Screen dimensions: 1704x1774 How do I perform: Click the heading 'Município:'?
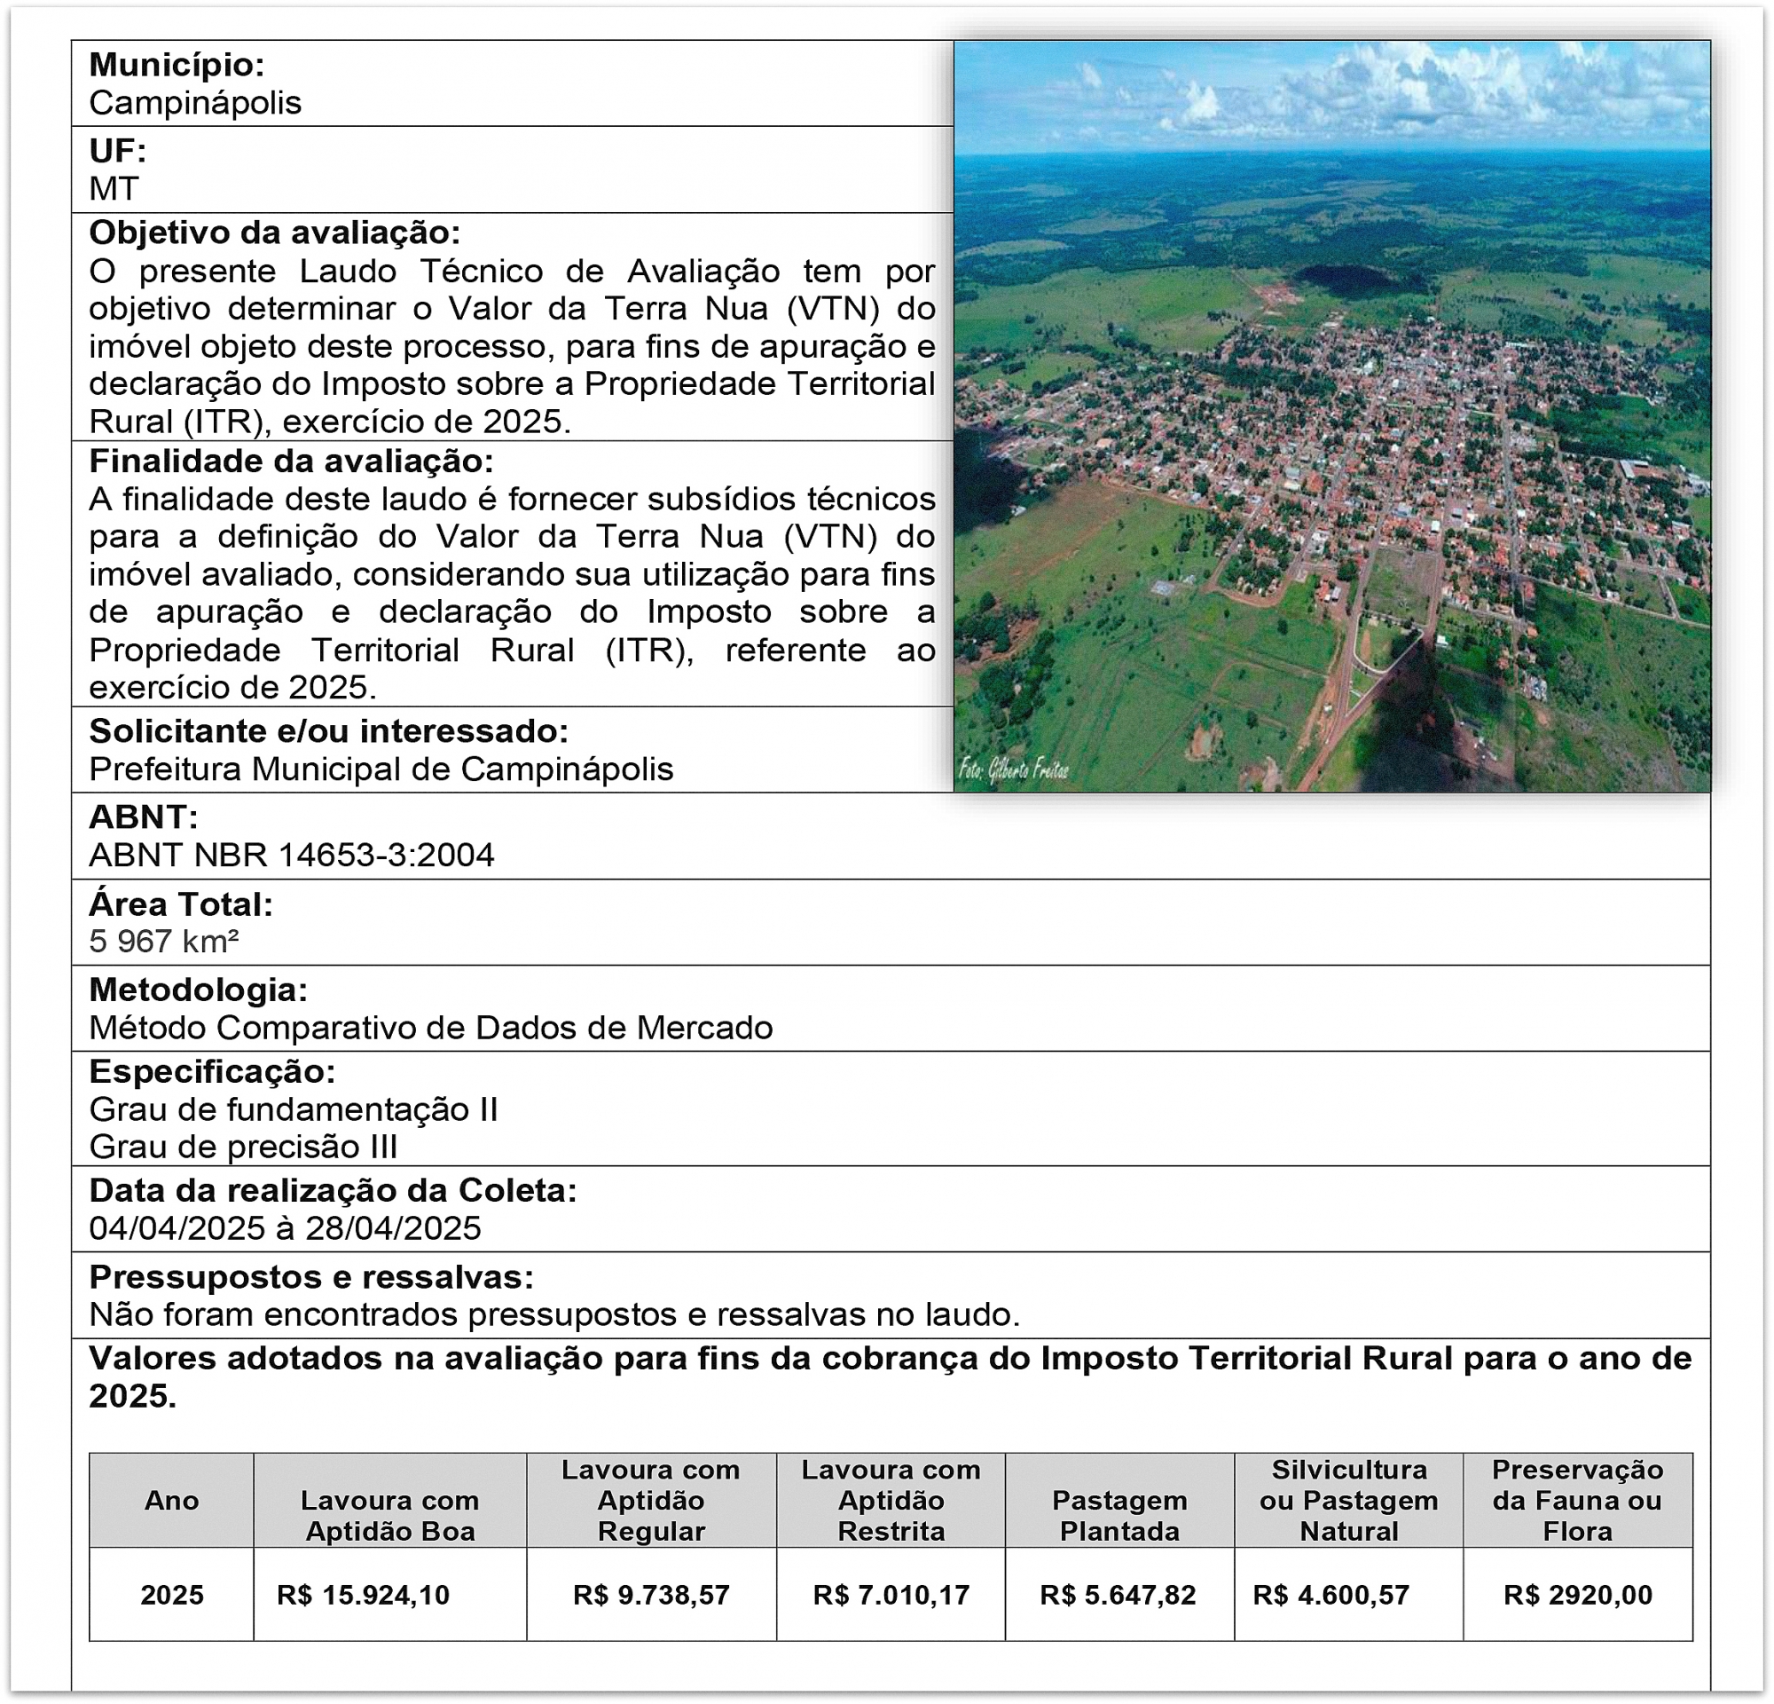point(177,65)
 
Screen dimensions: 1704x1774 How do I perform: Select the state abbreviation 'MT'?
point(114,188)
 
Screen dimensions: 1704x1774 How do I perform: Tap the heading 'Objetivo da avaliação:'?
point(274,233)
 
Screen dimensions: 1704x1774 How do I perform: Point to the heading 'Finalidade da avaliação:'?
point(291,461)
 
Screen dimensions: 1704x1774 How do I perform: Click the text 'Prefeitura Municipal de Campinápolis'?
point(381,769)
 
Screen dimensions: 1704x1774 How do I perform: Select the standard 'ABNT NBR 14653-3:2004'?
point(292,855)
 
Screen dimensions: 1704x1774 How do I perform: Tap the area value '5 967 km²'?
point(164,942)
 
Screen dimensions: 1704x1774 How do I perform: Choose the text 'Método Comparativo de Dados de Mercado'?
point(431,1028)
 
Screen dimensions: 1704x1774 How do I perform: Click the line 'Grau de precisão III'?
point(243,1148)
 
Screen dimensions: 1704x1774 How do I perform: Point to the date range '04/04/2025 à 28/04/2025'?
point(285,1227)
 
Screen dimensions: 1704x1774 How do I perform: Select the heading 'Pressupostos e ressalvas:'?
point(311,1276)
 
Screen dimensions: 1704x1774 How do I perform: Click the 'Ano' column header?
point(171,1500)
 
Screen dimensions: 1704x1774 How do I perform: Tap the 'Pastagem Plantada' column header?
point(1119,1516)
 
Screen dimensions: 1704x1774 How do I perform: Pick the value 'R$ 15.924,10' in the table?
point(363,1595)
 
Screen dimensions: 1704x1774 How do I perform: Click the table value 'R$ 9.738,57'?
point(651,1595)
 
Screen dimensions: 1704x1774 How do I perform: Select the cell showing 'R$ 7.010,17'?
point(891,1595)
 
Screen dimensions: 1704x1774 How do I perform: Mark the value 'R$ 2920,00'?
point(1578,1595)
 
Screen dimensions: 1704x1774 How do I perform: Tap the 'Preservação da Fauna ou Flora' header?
point(1578,1500)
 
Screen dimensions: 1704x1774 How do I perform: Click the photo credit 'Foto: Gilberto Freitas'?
point(1014,770)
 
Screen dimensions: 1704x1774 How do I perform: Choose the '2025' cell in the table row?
point(171,1595)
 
